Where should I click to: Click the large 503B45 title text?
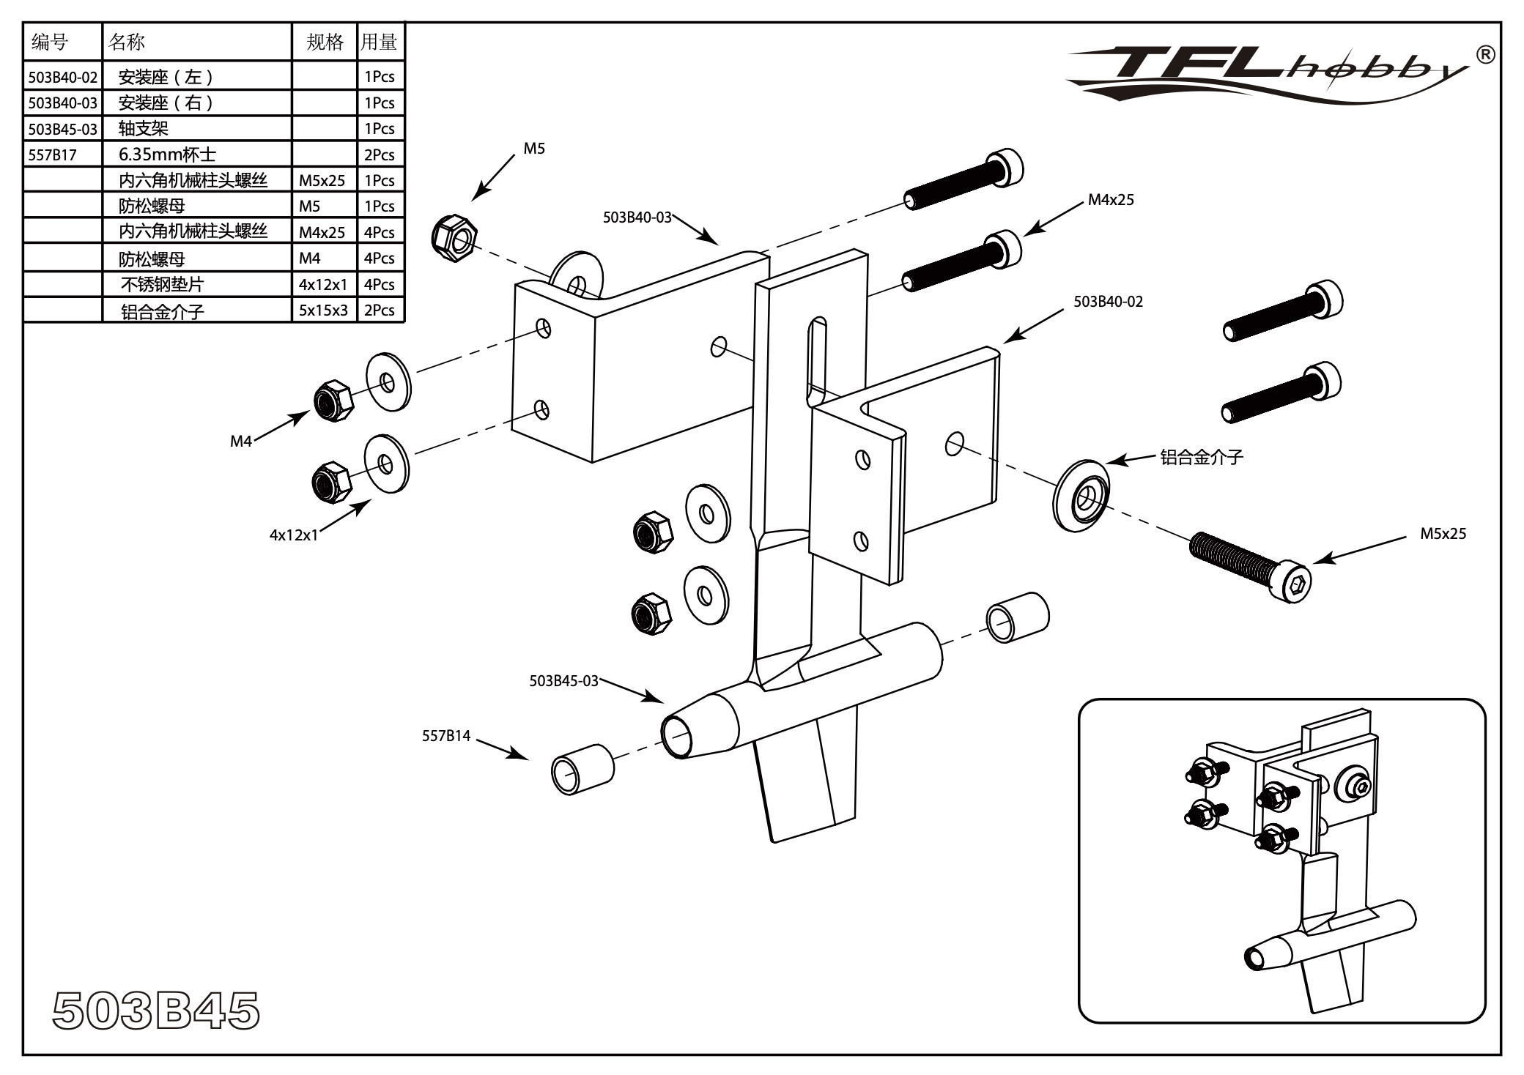(x=156, y=1011)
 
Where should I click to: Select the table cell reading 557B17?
(x=52, y=155)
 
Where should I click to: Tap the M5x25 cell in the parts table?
(x=322, y=180)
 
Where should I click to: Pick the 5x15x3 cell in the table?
(x=323, y=310)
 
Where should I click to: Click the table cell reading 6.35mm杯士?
(x=167, y=155)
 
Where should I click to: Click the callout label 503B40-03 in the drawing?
(x=637, y=217)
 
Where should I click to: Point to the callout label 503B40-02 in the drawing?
(x=1108, y=302)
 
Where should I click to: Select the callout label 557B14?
(x=445, y=736)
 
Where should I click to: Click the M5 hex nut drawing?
(x=454, y=237)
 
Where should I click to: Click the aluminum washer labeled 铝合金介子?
(x=1081, y=496)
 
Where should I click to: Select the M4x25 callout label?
(x=1111, y=200)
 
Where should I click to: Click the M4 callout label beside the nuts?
(x=240, y=441)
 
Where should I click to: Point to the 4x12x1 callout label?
(x=293, y=535)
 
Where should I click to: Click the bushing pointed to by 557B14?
(x=582, y=770)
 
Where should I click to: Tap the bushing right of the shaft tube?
(x=1017, y=617)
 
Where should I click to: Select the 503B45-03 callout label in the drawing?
(x=563, y=681)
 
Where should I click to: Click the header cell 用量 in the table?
(x=379, y=42)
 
